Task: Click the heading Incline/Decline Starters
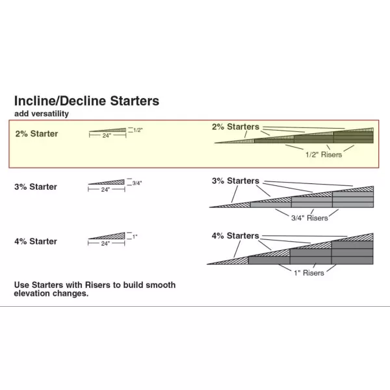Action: click(86, 101)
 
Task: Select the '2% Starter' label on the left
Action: click(36, 134)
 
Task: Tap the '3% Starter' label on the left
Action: click(36, 187)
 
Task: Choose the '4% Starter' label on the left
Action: click(36, 242)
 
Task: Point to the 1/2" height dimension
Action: click(137, 130)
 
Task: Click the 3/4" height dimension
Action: click(136, 183)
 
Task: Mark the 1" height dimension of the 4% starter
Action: click(135, 237)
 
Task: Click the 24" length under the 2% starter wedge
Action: click(105, 136)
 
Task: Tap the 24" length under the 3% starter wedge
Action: click(105, 190)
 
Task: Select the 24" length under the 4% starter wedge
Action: click(105, 243)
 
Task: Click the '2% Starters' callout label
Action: click(235, 127)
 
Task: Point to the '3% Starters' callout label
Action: click(235, 181)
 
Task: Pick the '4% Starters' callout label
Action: click(235, 235)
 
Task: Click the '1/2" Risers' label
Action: click(323, 155)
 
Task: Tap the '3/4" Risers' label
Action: click(310, 218)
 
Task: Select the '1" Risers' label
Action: click(308, 273)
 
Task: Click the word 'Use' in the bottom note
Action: click(23, 285)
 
